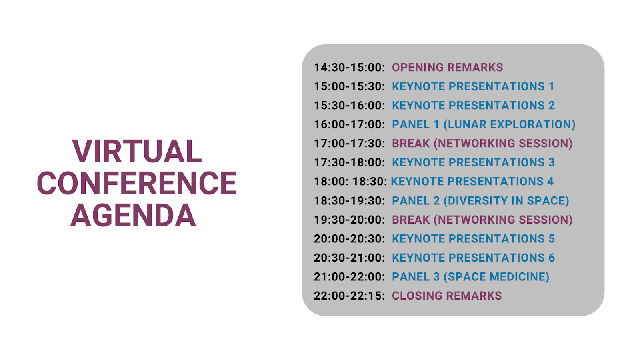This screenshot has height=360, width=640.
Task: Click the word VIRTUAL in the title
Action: (x=137, y=151)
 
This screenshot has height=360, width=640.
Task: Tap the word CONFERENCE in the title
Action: (x=137, y=183)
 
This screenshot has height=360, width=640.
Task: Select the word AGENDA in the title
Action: (x=133, y=215)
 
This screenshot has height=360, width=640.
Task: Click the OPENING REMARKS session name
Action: (x=447, y=68)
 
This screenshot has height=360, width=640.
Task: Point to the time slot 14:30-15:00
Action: (x=349, y=68)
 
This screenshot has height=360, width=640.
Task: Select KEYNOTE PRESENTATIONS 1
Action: (x=473, y=86)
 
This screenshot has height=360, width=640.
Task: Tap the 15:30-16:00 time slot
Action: (x=349, y=106)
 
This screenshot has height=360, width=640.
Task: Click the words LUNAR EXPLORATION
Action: (x=509, y=124)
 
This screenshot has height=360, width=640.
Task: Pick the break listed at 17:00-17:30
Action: (x=482, y=144)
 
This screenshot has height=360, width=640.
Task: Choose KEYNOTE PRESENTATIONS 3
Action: (x=473, y=162)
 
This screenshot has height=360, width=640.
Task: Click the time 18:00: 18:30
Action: (x=350, y=182)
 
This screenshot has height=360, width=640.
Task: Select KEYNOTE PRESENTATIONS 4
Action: (x=472, y=182)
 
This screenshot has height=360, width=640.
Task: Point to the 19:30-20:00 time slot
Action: (x=349, y=220)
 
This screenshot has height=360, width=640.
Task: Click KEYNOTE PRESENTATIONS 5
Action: (x=473, y=239)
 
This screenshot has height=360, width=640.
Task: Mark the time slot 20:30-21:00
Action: (x=349, y=258)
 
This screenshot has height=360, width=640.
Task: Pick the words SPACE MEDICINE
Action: (x=496, y=277)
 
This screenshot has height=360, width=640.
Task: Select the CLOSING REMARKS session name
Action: (x=446, y=296)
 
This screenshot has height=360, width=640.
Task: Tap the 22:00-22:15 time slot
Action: (x=349, y=296)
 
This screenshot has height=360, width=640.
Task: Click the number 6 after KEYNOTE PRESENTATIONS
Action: (x=552, y=258)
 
